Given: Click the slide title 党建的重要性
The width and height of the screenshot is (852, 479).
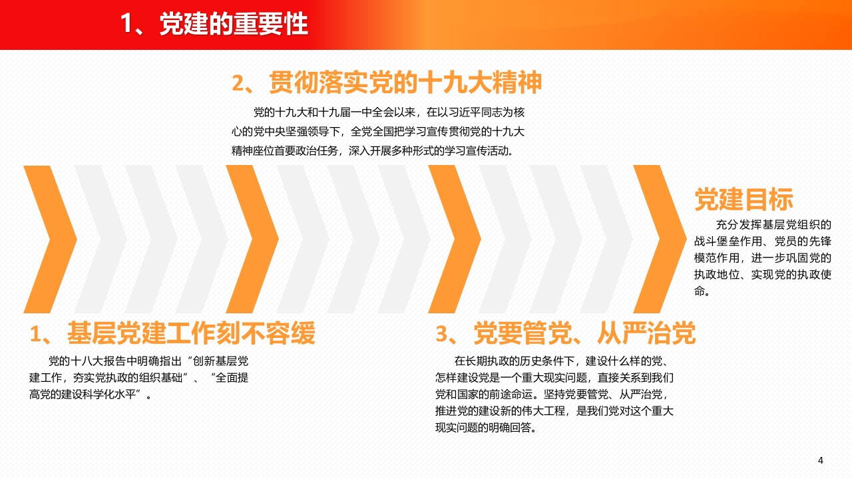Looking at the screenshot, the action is coord(234,24).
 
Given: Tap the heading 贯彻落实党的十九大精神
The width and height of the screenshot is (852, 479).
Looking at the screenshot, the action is coord(405,82).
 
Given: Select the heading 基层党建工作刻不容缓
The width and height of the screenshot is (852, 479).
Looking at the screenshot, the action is coord(191,333).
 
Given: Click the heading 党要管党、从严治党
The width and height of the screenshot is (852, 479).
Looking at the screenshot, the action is coord(584,333).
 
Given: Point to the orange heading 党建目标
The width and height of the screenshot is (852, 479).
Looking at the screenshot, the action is coord(744,199).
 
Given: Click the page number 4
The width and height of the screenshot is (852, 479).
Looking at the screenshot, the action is coord(821,460).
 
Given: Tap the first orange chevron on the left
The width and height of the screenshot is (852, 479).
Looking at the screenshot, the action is coord(51,239).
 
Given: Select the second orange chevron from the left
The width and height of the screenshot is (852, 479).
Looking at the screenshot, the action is coord(252,239).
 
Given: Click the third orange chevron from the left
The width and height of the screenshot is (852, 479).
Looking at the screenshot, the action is coord(455,239).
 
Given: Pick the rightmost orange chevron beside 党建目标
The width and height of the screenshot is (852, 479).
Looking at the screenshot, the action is coord(660,239).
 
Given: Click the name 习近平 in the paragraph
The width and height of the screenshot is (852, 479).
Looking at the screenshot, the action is coord(465,112).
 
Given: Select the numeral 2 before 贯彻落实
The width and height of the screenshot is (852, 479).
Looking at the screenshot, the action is coord(238,83).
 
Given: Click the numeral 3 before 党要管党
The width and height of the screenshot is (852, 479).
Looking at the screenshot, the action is coord(441,334).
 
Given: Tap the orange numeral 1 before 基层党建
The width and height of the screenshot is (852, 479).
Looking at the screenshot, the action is coord(35,334).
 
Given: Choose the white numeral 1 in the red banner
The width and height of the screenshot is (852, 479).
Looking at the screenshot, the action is coord(126,24).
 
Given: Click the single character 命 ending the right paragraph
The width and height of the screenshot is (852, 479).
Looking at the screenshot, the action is coord(700,291).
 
